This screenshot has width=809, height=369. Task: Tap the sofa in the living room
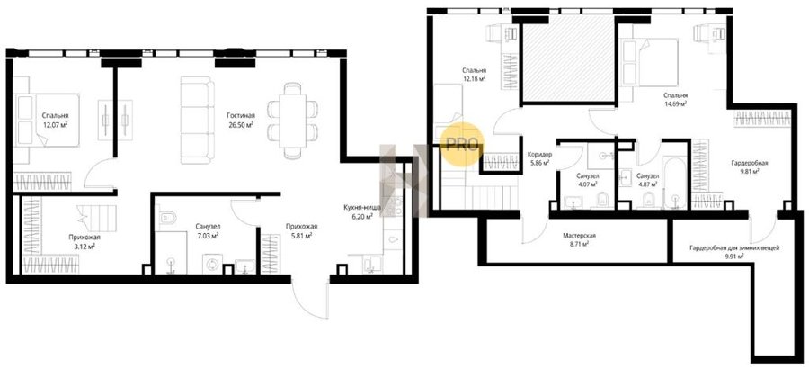[x=197, y=120]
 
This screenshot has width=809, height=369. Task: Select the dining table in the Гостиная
[x=292, y=121]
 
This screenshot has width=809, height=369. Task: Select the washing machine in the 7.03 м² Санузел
[x=212, y=265]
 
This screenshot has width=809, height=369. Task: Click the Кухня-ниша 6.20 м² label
[x=363, y=212]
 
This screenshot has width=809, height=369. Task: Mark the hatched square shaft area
[x=567, y=60]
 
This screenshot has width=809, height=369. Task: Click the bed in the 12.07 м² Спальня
[x=46, y=121]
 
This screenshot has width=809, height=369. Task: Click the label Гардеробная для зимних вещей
[x=734, y=247]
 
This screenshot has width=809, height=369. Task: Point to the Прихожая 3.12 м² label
[x=84, y=241]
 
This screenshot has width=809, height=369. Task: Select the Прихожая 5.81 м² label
[x=302, y=230]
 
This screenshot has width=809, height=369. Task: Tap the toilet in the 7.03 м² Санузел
[x=168, y=219]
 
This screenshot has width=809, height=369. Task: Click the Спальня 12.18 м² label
[x=475, y=75]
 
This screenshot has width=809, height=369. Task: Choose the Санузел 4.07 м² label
[x=588, y=180]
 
